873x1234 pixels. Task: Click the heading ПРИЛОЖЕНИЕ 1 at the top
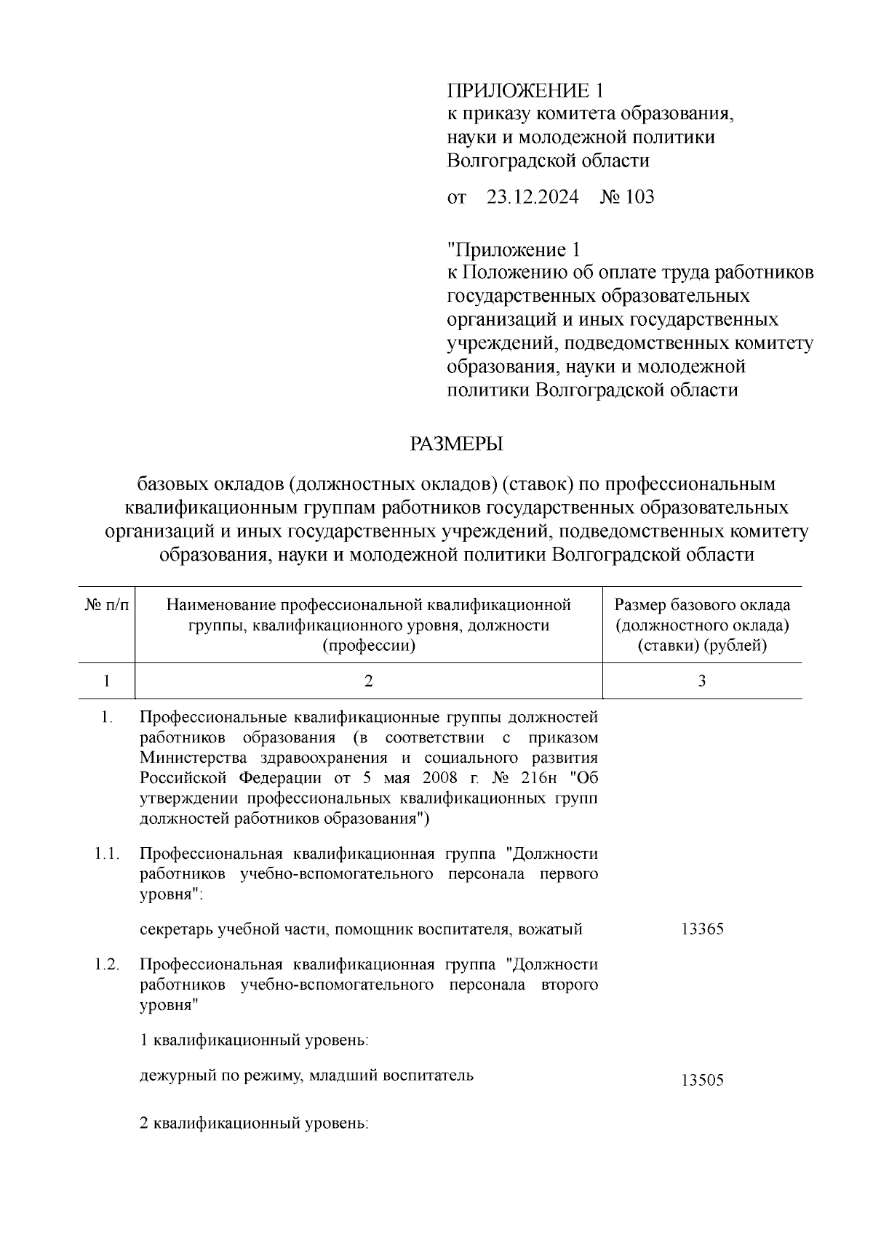coord(525,91)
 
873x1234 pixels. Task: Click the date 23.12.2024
coord(532,197)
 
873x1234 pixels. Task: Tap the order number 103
coord(639,197)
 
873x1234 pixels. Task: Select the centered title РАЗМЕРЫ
coord(457,444)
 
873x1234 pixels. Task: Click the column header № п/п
coord(107,605)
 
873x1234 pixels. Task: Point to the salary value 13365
coord(702,929)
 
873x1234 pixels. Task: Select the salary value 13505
coord(702,1081)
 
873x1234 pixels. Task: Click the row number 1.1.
coord(107,854)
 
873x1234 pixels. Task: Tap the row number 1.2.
coord(107,965)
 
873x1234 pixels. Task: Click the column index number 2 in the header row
coord(368,681)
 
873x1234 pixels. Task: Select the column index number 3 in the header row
coord(702,681)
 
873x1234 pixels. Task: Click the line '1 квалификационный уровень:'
coord(254,1041)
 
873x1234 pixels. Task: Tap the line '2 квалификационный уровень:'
coord(254,1123)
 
